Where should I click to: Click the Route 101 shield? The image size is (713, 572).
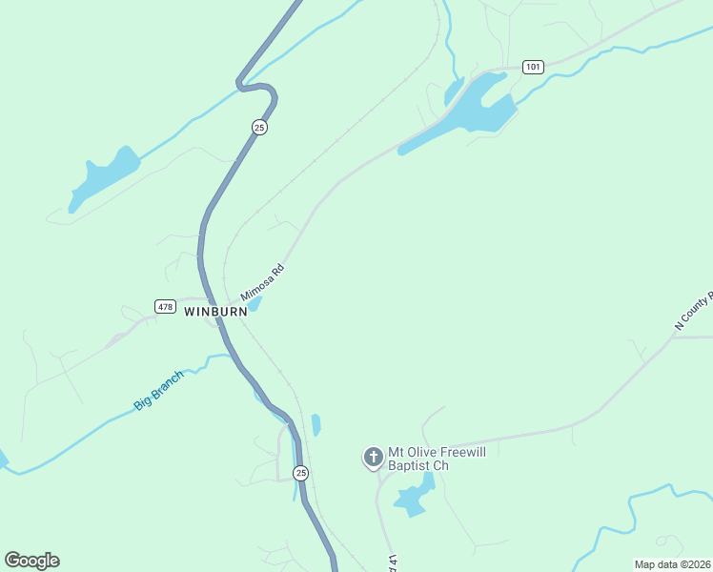point(533,67)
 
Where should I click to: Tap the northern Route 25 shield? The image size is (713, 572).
point(259,127)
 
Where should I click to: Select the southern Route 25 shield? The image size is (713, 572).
point(301,473)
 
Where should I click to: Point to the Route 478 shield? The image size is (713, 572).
point(165,306)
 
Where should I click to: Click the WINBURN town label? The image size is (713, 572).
point(215,312)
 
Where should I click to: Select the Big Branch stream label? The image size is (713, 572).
point(158,391)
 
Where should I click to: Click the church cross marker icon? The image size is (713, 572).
point(373,458)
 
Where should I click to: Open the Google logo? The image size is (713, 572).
point(31,561)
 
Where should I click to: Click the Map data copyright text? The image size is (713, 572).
point(671,564)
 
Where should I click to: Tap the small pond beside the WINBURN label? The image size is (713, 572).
point(255,305)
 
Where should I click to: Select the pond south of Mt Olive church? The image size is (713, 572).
point(413,498)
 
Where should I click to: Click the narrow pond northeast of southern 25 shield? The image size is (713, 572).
point(316,425)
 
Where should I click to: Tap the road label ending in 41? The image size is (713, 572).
point(390,562)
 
